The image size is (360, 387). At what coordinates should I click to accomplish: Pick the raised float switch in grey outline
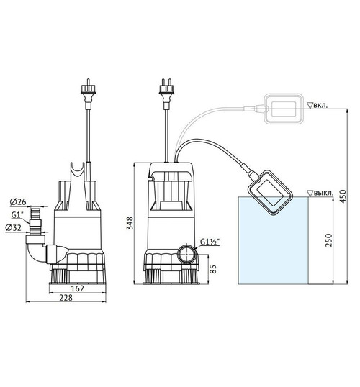pos(284,109)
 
